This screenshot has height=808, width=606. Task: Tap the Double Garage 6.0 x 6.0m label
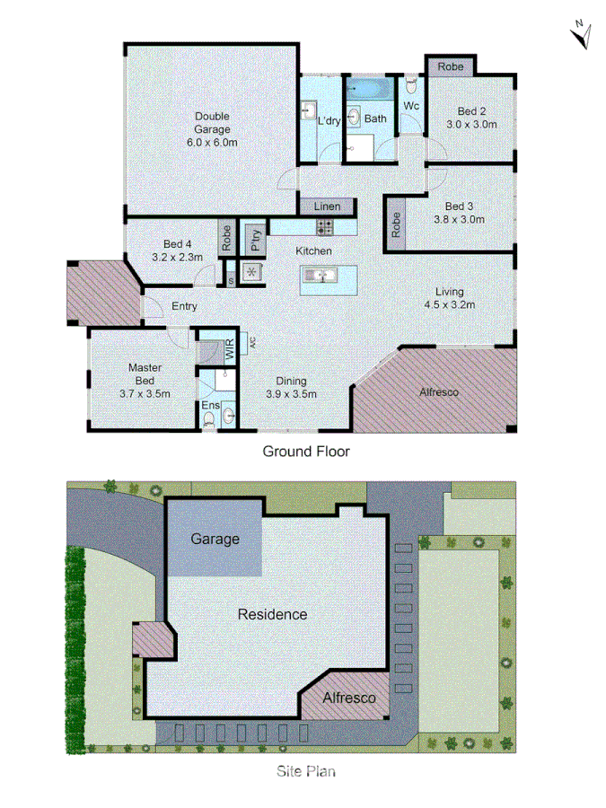213,128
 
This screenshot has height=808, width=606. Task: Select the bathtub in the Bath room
367,89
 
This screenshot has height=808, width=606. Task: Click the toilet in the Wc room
410,85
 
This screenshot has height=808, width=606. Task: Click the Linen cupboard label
328,207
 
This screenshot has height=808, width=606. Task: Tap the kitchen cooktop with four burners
325,228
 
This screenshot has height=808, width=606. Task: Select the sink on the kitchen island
320,275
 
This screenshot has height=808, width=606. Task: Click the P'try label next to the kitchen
256,240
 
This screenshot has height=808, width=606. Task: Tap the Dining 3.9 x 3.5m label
291,387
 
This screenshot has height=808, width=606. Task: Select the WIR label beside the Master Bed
230,351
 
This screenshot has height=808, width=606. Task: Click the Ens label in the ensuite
209,406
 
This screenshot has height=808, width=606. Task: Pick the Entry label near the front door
184,307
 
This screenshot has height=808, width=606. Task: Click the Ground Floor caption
305,451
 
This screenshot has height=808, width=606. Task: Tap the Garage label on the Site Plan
215,540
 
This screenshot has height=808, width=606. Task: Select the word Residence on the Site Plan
272,615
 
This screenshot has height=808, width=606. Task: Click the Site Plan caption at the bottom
305,770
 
